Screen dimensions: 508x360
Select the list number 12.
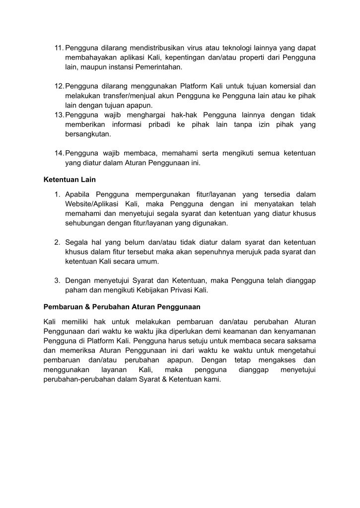pos(58,86)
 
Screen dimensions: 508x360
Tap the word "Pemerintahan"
pos(159,66)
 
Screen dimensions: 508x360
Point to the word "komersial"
pos(287,86)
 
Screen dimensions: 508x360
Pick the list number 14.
pos(58,153)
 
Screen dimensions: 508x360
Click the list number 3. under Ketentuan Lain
pos(58,281)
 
